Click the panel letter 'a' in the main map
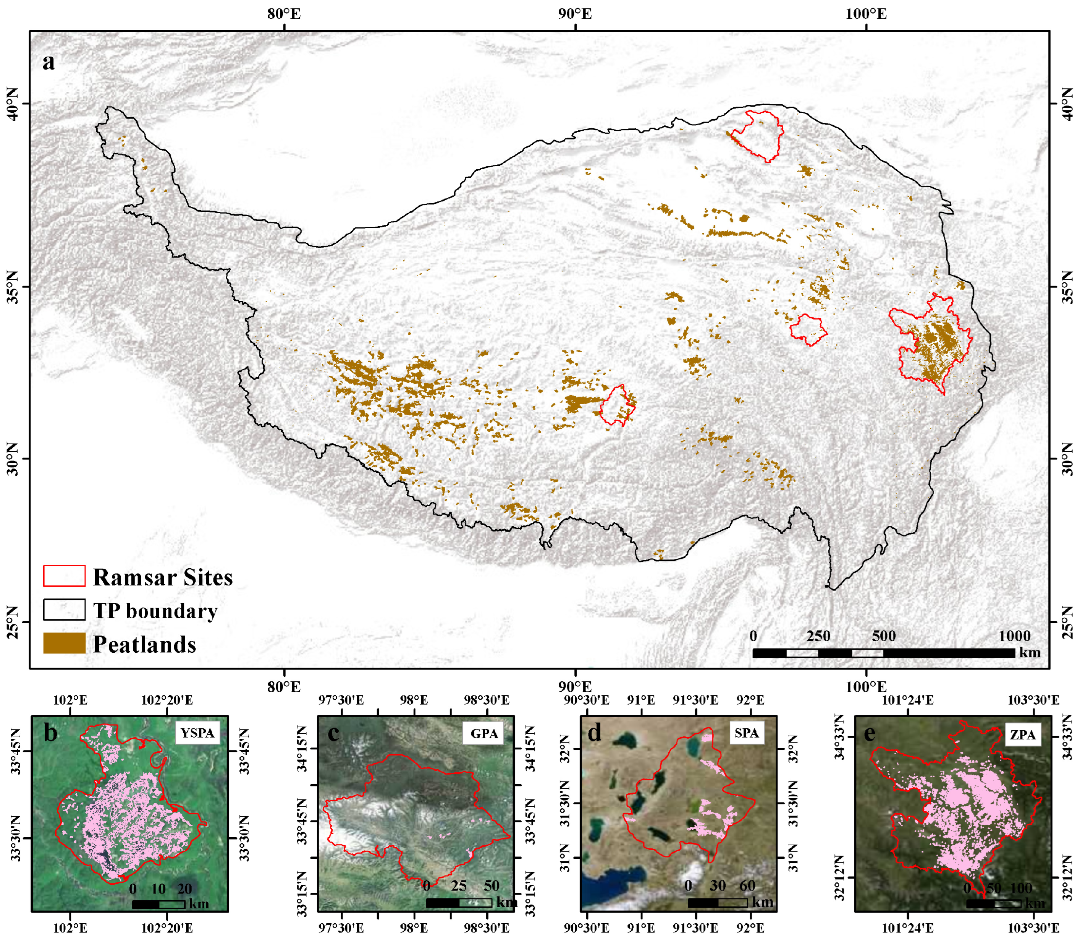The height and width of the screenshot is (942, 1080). (49, 62)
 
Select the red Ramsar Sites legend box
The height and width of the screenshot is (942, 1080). (64, 576)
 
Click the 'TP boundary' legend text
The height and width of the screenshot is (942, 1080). (155, 611)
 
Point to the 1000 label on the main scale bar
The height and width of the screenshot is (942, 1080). (1014, 636)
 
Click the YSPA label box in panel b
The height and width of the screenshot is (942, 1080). (197, 733)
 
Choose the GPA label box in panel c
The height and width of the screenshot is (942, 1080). (484, 733)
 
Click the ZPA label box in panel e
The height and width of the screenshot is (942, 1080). (1022, 734)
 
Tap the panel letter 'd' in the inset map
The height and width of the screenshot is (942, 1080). (594, 733)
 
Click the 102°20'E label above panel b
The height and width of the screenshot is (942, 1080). (167, 700)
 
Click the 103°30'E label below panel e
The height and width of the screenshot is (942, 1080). (1033, 928)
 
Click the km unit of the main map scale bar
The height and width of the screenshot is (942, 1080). (1030, 652)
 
